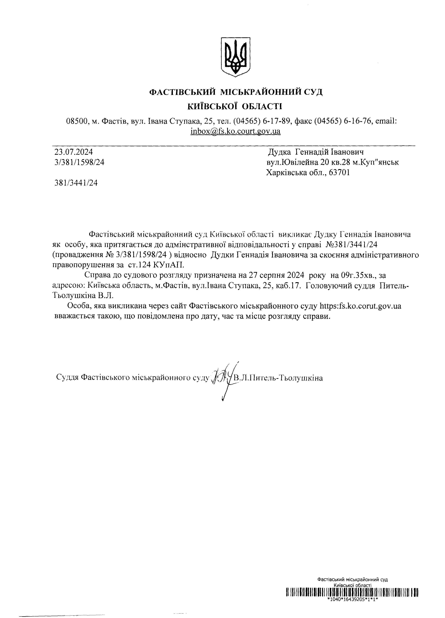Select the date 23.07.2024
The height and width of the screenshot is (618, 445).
[74, 152]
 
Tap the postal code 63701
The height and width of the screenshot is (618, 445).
[339, 173]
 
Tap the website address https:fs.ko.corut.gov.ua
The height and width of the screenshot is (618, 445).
[360, 306]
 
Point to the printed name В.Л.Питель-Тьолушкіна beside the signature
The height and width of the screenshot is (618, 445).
[278, 378]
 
